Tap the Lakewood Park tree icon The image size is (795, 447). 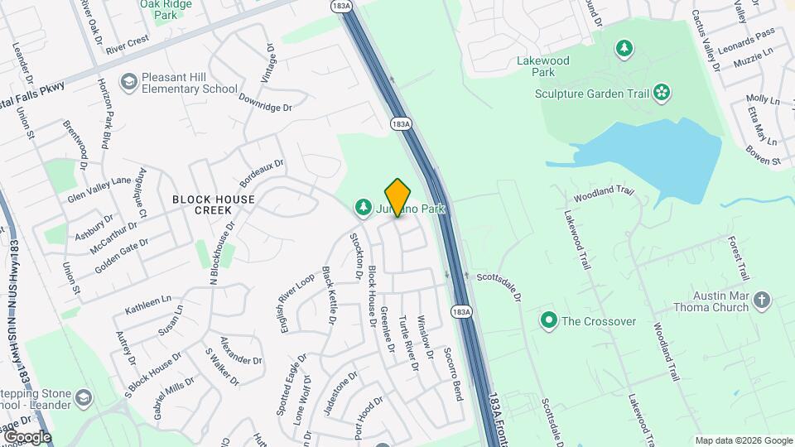(623, 49)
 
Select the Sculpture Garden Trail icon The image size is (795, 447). (662, 93)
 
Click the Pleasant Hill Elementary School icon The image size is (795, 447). (128, 81)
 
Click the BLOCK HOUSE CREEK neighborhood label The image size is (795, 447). (214, 204)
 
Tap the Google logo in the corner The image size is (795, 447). (26, 437)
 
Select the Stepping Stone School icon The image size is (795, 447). (83, 399)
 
